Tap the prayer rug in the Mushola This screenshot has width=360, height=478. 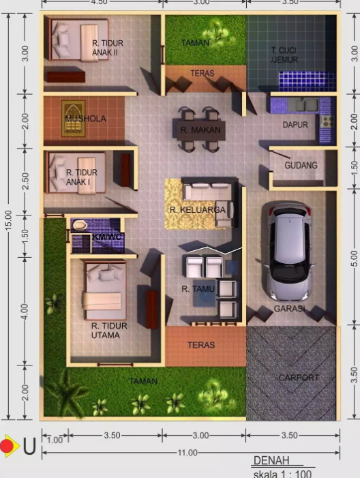tap(73, 118)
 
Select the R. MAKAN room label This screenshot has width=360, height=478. tap(200, 130)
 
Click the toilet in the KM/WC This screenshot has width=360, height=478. tap(80, 225)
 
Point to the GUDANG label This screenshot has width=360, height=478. tap(301, 165)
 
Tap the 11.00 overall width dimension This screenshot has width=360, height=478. tap(187, 453)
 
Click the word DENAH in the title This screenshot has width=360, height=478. tap(271, 461)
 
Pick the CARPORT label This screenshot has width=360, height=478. tap(299, 378)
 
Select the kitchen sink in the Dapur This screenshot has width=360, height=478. tap(303, 105)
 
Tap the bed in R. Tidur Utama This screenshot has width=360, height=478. tap(104, 290)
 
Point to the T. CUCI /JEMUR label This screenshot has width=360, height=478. tap(284, 55)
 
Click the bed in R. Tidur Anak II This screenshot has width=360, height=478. tap(78, 40)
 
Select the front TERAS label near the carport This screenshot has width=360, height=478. tap(201, 345)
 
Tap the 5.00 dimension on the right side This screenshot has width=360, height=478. tap(354, 258)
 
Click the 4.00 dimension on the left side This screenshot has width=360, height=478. tap(25, 312)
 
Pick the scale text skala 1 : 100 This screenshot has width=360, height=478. tap(282, 474)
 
